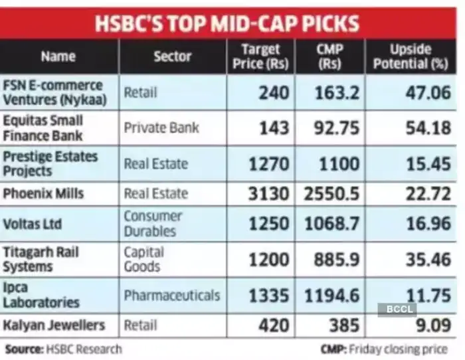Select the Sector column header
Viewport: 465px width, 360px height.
(172, 56)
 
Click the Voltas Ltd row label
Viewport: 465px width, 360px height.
(33, 224)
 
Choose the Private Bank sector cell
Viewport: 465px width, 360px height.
(161, 128)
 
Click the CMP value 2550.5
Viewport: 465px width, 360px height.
(332, 194)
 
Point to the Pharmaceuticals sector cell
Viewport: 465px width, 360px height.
(171, 295)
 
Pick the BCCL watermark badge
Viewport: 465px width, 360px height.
(397, 310)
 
